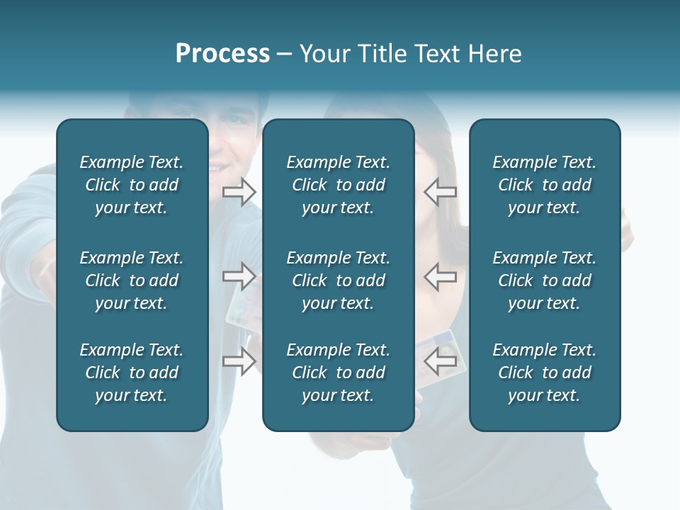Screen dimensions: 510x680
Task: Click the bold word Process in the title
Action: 222,53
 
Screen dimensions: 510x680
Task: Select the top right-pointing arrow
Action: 239,192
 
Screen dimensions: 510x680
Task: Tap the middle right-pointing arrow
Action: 239,276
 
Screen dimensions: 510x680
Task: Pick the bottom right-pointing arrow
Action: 239,361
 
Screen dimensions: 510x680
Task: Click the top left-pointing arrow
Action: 441,192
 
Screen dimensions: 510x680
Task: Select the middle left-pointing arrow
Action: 441,276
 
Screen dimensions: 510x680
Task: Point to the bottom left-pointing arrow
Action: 441,361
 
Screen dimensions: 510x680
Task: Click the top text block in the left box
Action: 132,185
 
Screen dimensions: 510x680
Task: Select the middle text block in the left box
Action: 132,280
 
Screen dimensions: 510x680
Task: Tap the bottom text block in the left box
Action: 132,373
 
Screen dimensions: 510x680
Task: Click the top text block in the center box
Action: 338,185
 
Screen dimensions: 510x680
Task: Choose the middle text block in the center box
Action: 338,280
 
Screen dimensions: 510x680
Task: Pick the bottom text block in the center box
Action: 338,373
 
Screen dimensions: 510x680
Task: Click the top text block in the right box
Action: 545,185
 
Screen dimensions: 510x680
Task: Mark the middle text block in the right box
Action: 545,280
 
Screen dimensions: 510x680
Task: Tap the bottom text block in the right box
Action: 545,373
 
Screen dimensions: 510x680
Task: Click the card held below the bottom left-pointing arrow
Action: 443,386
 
